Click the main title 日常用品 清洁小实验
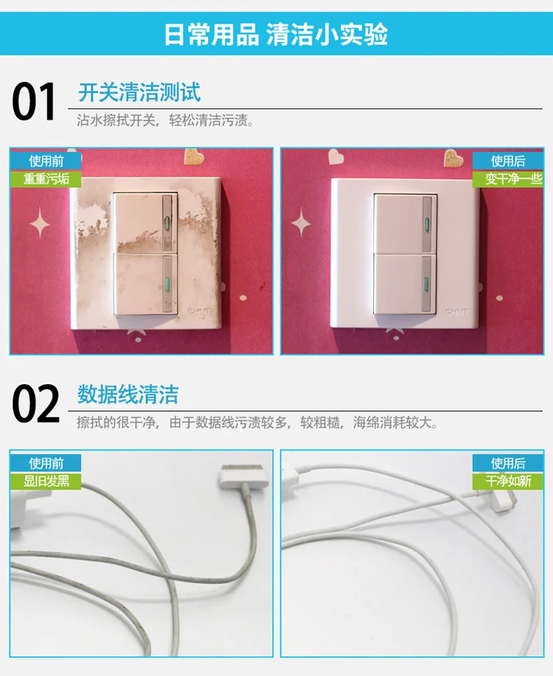tap(276, 34)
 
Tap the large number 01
tap(34, 102)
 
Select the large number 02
tap(35, 405)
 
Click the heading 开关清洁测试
tap(139, 92)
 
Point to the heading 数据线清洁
tap(128, 394)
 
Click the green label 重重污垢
tap(46, 179)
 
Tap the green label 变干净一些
tap(508, 179)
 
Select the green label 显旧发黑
tap(46, 481)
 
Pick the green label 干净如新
tap(508, 481)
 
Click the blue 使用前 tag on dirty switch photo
tap(46, 161)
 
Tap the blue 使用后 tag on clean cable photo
tap(508, 463)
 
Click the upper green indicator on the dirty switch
tap(167, 223)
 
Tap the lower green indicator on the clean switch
tap(427, 285)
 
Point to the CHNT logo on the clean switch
tap(456, 311)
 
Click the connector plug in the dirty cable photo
tap(243, 476)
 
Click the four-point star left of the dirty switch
tap(40, 223)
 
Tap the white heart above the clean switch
tap(335, 156)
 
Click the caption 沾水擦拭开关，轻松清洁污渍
tap(165, 120)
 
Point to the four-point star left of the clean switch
tap(301, 222)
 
